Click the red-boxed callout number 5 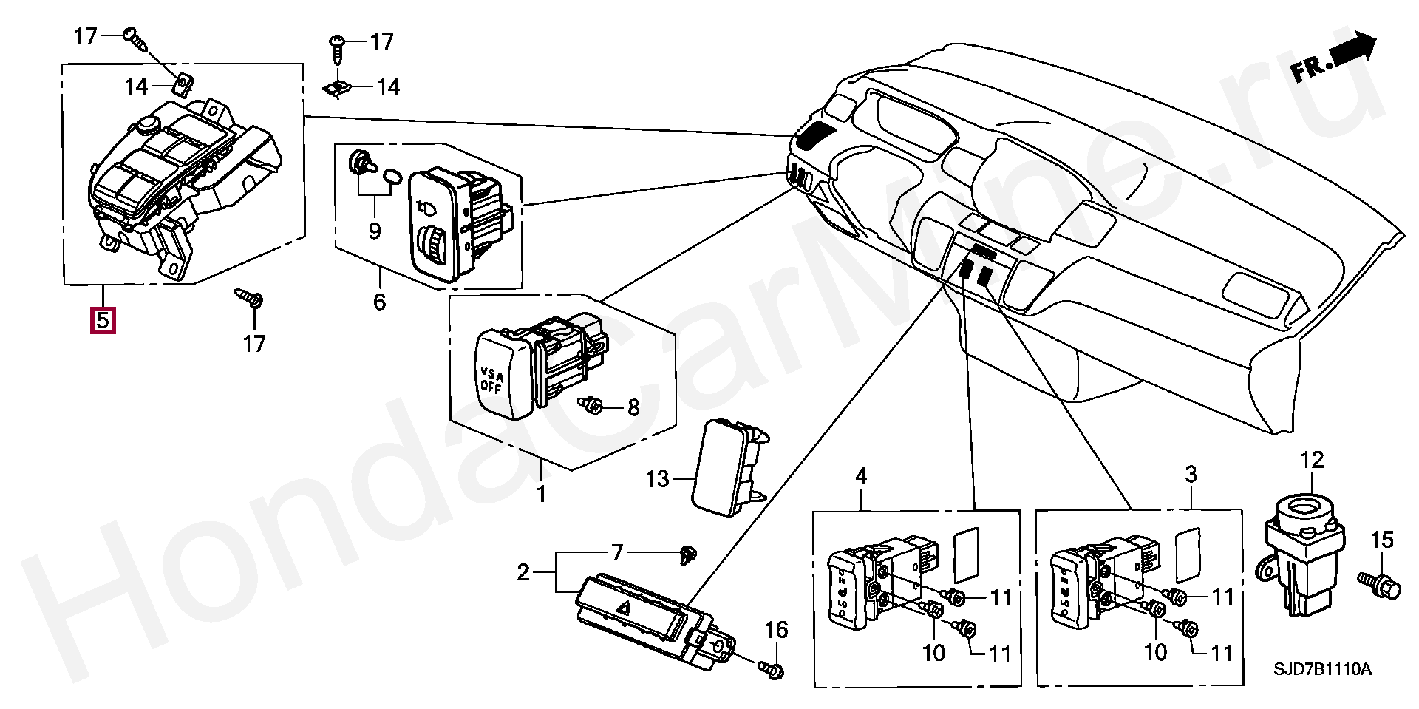click(102, 320)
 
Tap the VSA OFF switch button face click(500, 374)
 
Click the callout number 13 click(656, 480)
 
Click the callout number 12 click(1312, 460)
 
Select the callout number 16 click(776, 630)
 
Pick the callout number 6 click(379, 302)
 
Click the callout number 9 click(374, 231)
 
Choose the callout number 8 click(633, 407)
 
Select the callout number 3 click(1191, 474)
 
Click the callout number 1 click(541, 494)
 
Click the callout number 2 click(523, 572)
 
